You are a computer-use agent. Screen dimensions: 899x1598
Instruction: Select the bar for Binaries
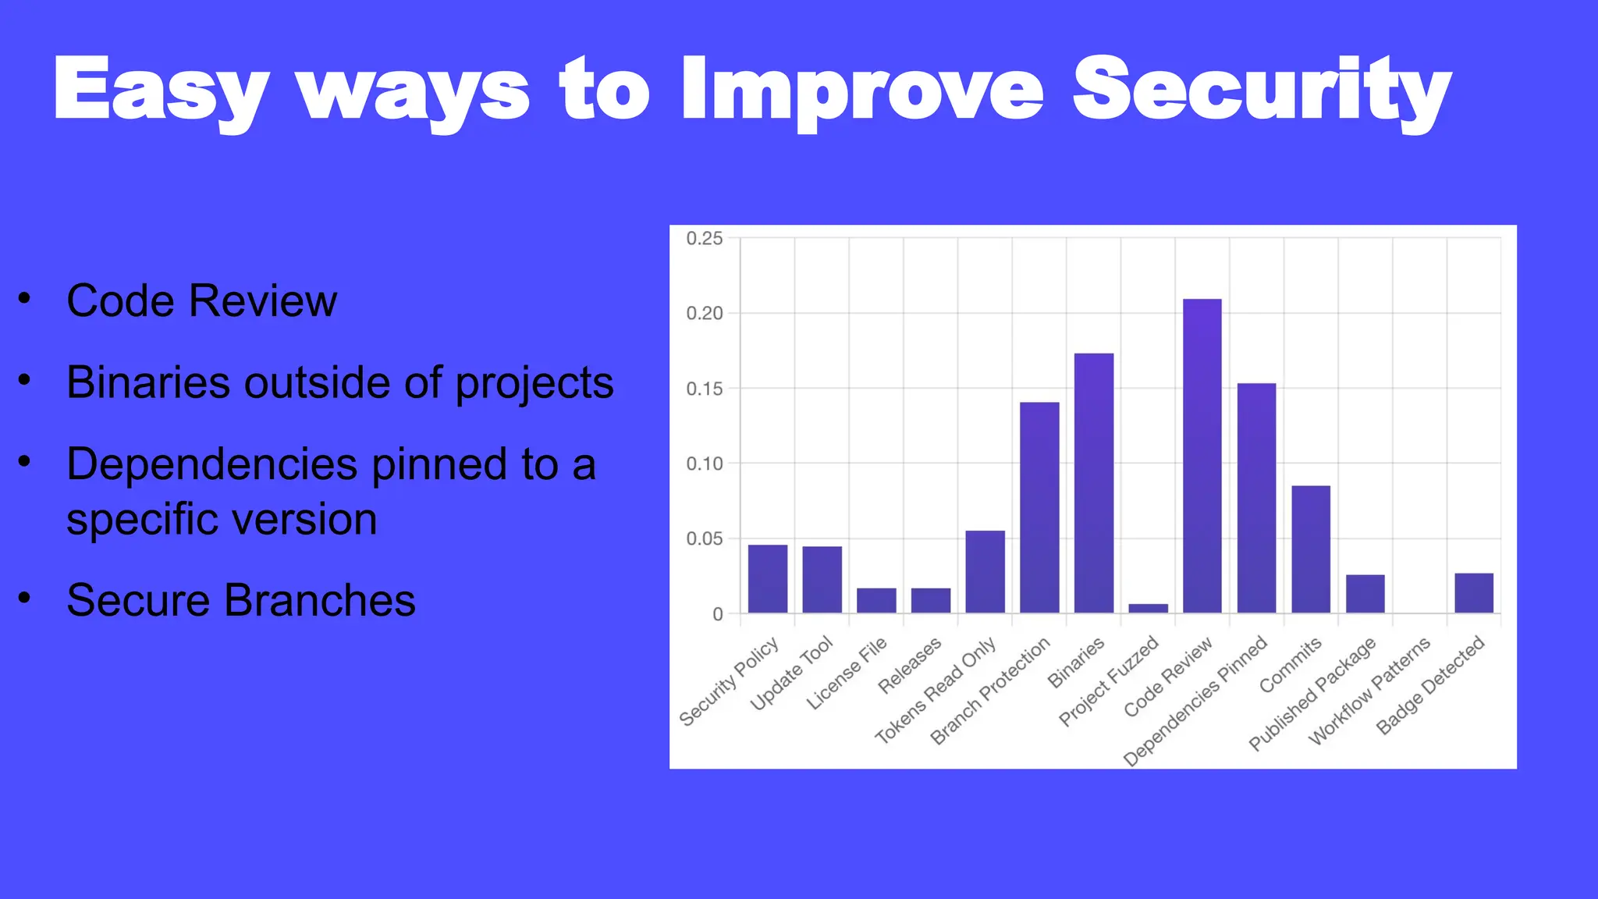(x=1094, y=483)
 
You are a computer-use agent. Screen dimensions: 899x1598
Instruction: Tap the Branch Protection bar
(x=1039, y=507)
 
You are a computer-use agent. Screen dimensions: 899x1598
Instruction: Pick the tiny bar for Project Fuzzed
(x=1148, y=608)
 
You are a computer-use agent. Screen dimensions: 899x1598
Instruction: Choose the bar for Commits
(x=1311, y=549)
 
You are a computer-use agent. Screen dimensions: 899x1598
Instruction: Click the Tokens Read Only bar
(x=985, y=571)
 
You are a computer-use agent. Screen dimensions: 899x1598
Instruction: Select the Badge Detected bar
(x=1474, y=593)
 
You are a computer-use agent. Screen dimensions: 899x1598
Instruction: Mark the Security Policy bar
(x=768, y=578)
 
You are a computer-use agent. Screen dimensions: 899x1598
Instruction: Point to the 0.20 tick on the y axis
(x=705, y=314)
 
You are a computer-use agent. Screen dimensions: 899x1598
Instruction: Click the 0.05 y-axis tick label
(x=705, y=538)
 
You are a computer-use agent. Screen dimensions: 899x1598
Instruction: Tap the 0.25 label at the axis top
(x=705, y=239)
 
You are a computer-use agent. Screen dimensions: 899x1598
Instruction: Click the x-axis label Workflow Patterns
(x=1369, y=691)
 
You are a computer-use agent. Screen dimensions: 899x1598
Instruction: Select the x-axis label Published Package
(x=1312, y=695)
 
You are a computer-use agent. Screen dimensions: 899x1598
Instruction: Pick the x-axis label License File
(x=847, y=673)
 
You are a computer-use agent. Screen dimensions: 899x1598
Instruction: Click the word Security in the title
(x=1262, y=92)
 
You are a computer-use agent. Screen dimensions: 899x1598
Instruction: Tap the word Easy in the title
(x=161, y=92)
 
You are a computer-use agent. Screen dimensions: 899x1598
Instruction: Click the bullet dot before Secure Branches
(x=25, y=599)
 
